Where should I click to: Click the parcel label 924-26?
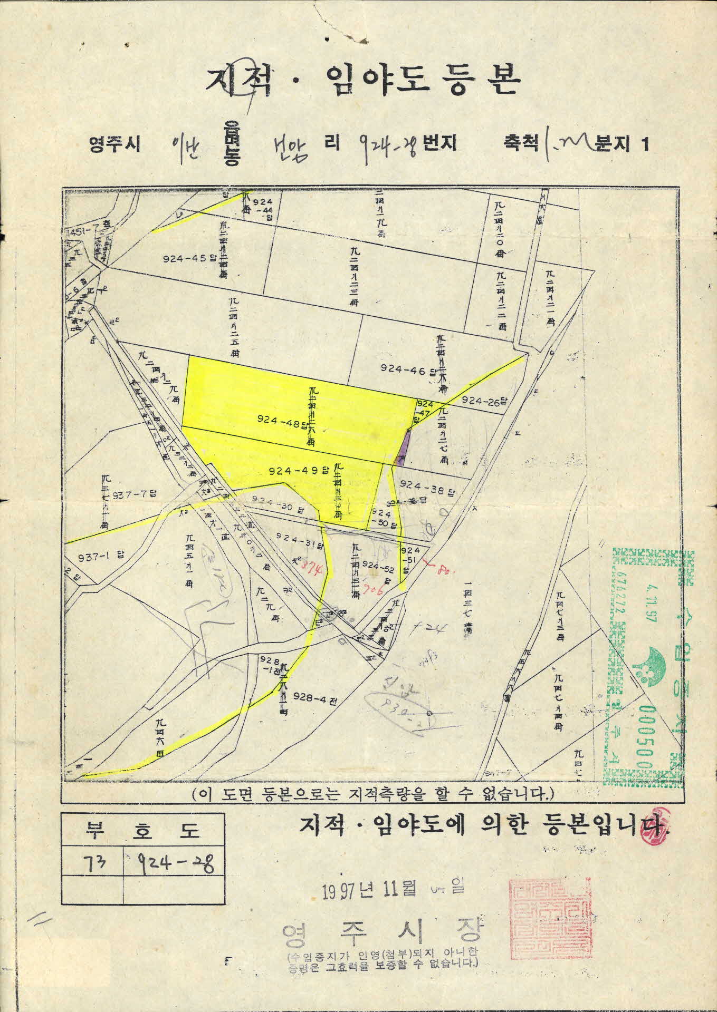pos(483,401)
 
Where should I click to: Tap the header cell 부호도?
pos(144,832)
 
